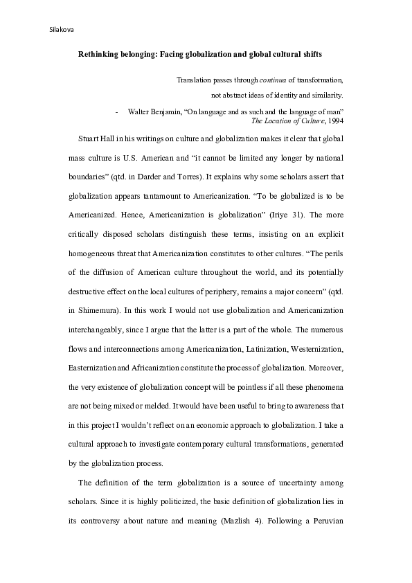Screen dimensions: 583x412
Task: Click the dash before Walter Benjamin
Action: (x=118, y=111)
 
